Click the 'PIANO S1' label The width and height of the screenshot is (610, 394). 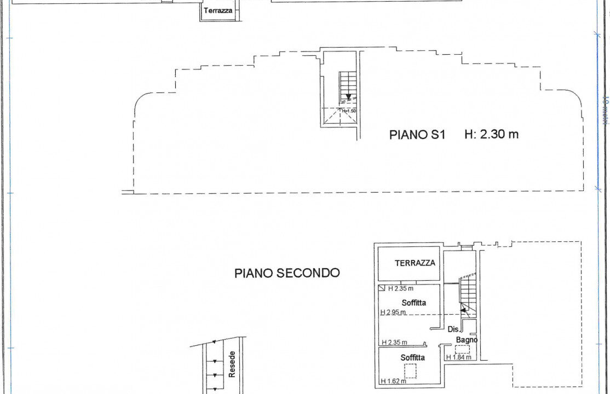pyautogui.click(x=417, y=135)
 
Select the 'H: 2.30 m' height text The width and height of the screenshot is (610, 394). pyautogui.click(x=491, y=134)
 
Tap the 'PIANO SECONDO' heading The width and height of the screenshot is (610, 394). pyautogui.click(x=287, y=273)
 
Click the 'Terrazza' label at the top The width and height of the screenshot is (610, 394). pyautogui.click(x=218, y=10)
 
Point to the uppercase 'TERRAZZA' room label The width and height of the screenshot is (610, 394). pyautogui.click(x=415, y=263)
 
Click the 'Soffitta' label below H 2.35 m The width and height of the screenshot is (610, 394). pyautogui.click(x=413, y=303)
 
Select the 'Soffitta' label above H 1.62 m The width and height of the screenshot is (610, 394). pyautogui.click(x=412, y=358)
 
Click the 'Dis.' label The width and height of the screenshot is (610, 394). pyautogui.click(x=453, y=329)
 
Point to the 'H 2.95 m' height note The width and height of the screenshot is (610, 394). pyautogui.click(x=394, y=312)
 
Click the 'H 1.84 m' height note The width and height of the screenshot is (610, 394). pyautogui.click(x=459, y=357)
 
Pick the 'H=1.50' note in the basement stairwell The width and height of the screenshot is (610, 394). pyautogui.click(x=349, y=111)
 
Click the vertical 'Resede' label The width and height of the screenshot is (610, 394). pyautogui.click(x=232, y=364)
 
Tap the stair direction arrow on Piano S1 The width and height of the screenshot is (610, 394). pyautogui.click(x=348, y=97)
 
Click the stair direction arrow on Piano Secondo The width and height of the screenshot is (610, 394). pyautogui.click(x=463, y=310)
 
